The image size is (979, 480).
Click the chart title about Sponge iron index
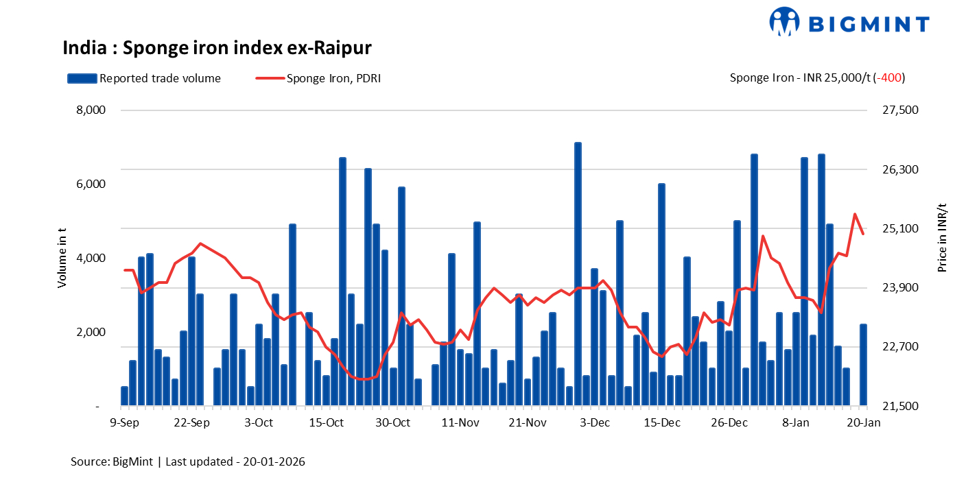click(x=217, y=48)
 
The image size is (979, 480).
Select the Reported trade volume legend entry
click(x=144, y=78)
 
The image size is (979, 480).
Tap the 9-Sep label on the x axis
click(x=125, y=423)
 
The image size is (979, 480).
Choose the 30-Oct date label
click(x=393, y=423)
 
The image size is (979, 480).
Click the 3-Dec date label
click(x=595, y=423)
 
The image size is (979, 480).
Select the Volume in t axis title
click(x=62, y=259)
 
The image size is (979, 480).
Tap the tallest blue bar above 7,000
click(x=578, y=274)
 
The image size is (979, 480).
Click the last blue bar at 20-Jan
click(x=863, y=365)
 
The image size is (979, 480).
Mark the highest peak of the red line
click(x=855, y=214)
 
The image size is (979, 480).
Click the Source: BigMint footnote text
click(x=188, y=461)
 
